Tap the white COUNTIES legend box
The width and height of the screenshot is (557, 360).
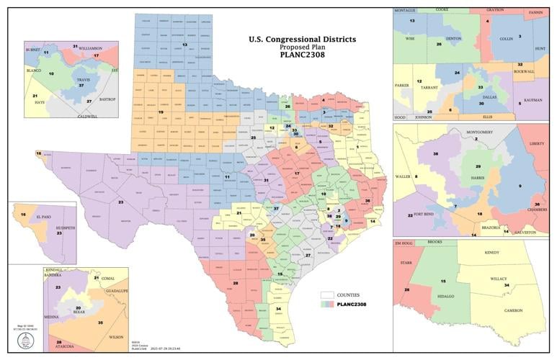pos(327,295)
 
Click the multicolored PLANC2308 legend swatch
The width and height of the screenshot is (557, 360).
pos(327,305)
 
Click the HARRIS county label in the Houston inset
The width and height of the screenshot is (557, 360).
pos(477,176)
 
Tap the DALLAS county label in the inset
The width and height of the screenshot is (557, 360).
pos(478,94)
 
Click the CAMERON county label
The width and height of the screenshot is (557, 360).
pos(512,310)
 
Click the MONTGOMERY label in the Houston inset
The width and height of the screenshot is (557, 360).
pos(479,132)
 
